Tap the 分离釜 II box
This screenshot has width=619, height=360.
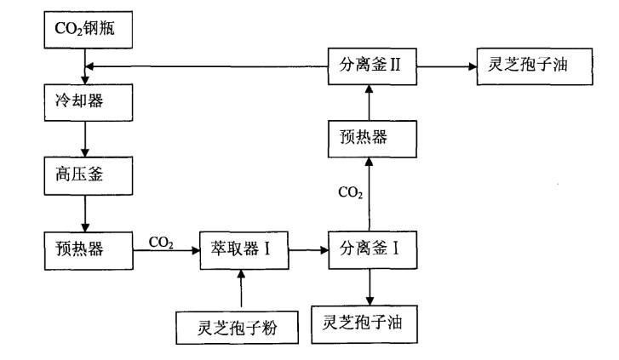pyautogui.click(x=370, y=66)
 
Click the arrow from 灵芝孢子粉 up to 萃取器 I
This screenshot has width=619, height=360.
pyautogui.click(x=242, y=289)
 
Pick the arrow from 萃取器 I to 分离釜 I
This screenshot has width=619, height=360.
pyautogui.click(x=307, y=252)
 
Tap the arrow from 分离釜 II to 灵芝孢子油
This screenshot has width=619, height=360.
pyautogui.click(x=444, y=66)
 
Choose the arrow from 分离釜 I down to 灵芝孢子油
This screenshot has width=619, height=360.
pyautogui.click(x=370, y=289)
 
